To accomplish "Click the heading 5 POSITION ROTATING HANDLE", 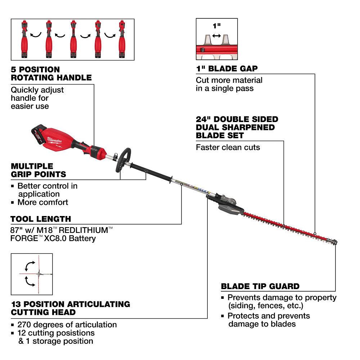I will pyautogui.click(x=51, y=73).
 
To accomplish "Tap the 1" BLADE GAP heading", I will pyautogui.click(x=226, y=69).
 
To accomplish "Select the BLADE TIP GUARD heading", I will pyautogui.click(x=260, y=287).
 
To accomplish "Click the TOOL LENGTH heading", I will pyautogui.click(x=41, y=219).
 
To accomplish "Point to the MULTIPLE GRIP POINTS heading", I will pyautogui.click(x=38, y=170).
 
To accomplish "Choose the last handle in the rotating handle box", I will pyautogui.click(x=122, y=40).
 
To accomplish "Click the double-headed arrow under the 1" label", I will pyautogui.click(x=216, y=36).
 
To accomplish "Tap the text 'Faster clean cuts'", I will pyautogui.click(x=228, y=147).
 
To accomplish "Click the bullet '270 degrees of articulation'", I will pyautogui.click(x=67, y=324).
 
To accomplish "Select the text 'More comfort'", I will pyautogui.click(x=42, y=202).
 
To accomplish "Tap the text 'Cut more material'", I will pyautogui.click(x=229, y=80).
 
